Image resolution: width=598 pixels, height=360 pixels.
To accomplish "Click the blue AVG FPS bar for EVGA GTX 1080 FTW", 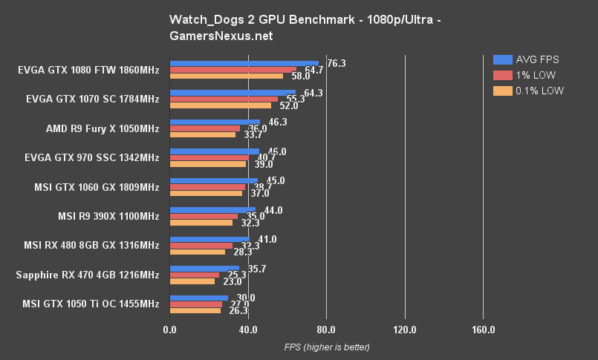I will [244, 64].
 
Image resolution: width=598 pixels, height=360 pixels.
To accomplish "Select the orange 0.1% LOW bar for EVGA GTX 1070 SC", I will [221, 105].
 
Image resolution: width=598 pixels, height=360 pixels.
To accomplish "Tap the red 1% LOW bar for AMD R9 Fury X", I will [205, 128].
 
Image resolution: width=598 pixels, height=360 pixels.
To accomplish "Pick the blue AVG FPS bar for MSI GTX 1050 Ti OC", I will [199, 298].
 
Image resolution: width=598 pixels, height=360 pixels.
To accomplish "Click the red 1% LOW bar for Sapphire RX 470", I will [195, 275].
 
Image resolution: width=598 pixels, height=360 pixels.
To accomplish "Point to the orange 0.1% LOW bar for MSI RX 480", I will [198, 252].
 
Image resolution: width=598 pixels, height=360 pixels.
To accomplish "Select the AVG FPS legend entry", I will [527, 59].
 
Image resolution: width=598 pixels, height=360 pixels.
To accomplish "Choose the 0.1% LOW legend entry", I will [528, 91].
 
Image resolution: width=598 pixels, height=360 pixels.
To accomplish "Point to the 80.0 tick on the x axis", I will [326, 329].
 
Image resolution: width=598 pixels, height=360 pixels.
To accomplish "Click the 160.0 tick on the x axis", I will [483, 329].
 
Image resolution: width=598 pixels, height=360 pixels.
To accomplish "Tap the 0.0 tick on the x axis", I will [170, 329].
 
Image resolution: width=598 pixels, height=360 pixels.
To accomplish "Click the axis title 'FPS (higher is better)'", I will [326, 347].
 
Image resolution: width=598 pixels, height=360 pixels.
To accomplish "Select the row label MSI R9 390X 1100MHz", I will [108, 216].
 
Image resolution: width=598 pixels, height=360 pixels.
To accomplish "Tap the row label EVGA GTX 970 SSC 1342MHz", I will [92, 157].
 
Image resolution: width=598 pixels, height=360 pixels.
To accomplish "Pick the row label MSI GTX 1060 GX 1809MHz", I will [97, 186].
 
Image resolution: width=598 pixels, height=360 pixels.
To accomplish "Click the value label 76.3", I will [336, 64].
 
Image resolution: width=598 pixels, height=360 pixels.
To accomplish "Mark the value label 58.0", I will [301, 76].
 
